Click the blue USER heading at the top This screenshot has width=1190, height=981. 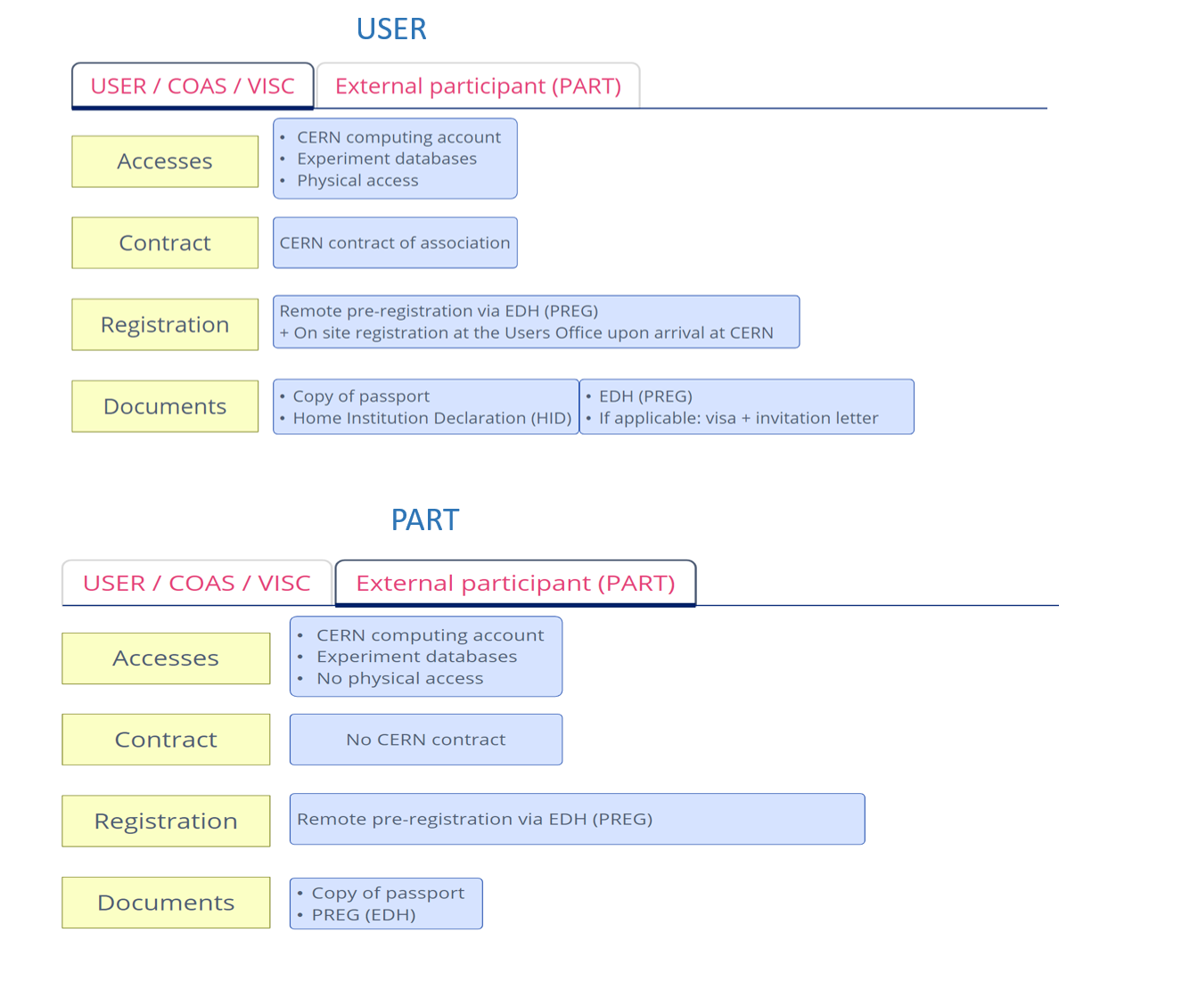point(391,29)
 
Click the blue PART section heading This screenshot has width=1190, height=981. point(424,519)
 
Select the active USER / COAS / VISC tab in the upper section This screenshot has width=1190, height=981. point(193,86)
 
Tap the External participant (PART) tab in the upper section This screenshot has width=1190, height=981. point(478,86)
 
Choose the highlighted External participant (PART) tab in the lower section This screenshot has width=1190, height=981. point(515,584)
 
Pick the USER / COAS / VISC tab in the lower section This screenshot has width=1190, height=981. point(197,584)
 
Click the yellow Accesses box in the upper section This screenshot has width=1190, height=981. point(165,161)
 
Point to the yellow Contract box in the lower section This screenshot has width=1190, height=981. point(166,740)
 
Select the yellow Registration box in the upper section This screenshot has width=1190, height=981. point(165,324)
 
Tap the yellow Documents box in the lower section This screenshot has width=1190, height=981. point(166,903)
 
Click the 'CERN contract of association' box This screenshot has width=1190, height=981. point(395,242)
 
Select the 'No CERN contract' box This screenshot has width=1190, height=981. point(426,740)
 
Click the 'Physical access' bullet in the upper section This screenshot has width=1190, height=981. point(357,181)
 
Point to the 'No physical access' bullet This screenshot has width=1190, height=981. point(399,678)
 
